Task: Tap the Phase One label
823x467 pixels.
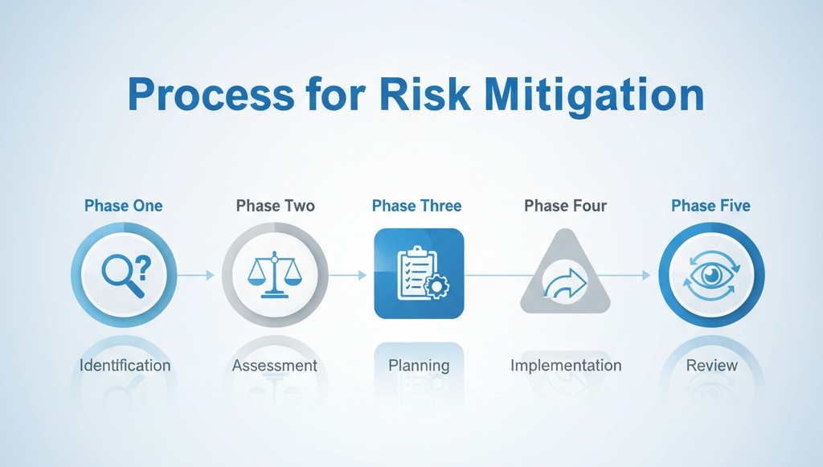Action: tap(123, 206)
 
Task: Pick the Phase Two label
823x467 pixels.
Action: tap(274, 206)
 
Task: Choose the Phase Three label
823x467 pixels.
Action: tap(416, 206)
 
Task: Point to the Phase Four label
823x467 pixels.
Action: tap(565, 206)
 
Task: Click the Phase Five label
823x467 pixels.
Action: tap(710, 206)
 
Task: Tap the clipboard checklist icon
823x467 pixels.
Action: tap(417, 274)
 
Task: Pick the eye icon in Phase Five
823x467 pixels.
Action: tap(711, 275)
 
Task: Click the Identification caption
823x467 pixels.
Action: tap(125, 366)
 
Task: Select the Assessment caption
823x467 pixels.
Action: tap(274, 366)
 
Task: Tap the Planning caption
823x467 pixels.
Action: tap(419, 366)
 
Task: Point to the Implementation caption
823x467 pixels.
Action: tap(566, 366)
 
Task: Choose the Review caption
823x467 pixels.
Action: tap(712, 366)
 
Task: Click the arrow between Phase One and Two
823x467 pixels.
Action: tap(196, 275)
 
